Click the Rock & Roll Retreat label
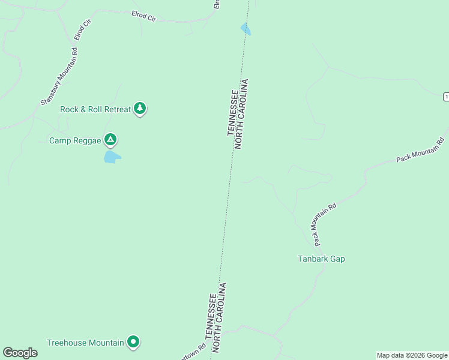[95, 109]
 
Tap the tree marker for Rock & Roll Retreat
[140, 108]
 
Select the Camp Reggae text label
[75, 140]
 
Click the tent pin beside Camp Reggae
[110, 140]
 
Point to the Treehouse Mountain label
[85, 343]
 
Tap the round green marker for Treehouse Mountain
[133, 342]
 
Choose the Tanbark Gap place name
[321, 259]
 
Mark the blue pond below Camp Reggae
[112, 157]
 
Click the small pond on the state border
[246, 29]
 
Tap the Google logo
[20, 353]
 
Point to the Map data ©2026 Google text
[412, 355]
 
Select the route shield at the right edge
[446, 97]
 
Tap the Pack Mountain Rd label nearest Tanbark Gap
[325, 223]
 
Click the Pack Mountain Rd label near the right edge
[420, 151]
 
